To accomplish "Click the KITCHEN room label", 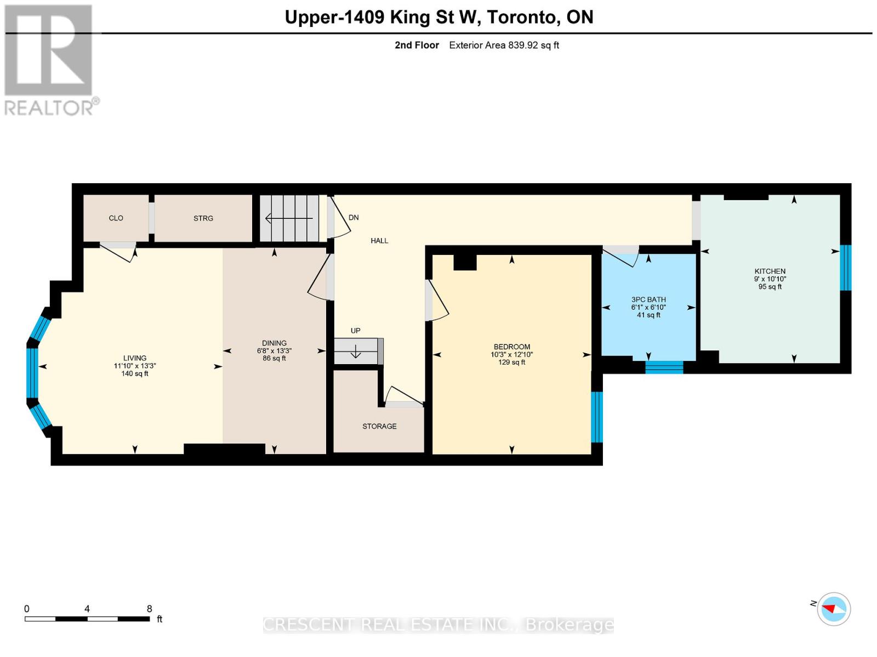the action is pyautogui.click(x=770, y=271).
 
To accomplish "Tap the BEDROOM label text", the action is pyautogui.click(x=512, y=347).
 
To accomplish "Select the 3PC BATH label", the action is pyautogui.click(x=648, y=299).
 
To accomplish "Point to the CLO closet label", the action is pyautogui.click(x=116, y=218).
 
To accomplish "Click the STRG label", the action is pyautogui.click(x=203, y=218).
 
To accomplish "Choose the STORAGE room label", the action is pyautogui.click(x=379, y=426).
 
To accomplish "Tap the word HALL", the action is pyautogui.click(x=379, y=241).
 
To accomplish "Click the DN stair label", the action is pyautogui.click(x=354, y=217).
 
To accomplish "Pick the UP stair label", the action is pyautogui.click(x=355, y=331).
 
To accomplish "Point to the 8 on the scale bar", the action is pyautogui.click(x=150, y=609).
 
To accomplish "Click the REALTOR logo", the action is pyautogui.click(x=50, y=60).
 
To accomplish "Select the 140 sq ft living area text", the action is pyautogui.click(x=135, y=373).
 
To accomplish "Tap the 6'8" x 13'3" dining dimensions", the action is pyautogui.click(x=274, y=350).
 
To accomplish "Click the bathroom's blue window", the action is pyautogui.click(x=664, y=367).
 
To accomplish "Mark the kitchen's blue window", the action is pyautogui.click(x=845, y=268).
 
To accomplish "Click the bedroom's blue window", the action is pyautogui.click(x=596, y=417).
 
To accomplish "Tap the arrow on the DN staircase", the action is pyautogui.click(x=289, y=218).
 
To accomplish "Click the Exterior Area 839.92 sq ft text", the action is pyautogui.click(x=504, y=45).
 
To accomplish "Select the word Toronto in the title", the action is pyautogui.click(x=520, y=17).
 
